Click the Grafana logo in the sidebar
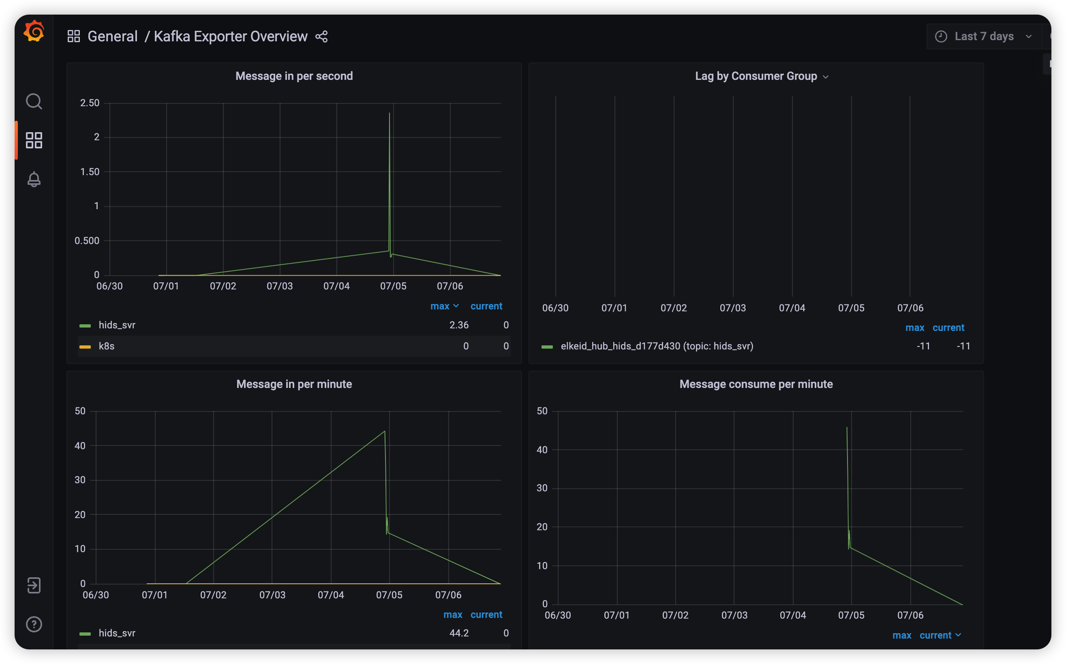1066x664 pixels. pos(34,31)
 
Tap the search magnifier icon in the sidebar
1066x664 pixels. pos(34,101)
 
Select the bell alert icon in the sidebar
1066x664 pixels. pos(34,179)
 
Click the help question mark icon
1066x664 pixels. pos(34,624)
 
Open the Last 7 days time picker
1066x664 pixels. pos(983,36)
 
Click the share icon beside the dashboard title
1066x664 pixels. pos(321,36)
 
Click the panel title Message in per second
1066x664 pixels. pos(294,76)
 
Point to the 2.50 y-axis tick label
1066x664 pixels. pos(90,103)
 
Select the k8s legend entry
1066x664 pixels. pos(107,346)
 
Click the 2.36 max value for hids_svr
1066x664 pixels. pos(459,325)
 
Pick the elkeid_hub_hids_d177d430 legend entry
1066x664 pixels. pos(656,346)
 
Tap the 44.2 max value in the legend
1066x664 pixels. pos(459,633)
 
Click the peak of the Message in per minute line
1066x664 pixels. pos(385,432)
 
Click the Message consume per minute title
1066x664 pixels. pos(756,384)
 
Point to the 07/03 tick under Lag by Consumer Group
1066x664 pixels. pos(732,308)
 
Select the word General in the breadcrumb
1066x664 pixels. pos(112,36)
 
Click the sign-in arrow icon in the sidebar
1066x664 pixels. pos(34,585)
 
